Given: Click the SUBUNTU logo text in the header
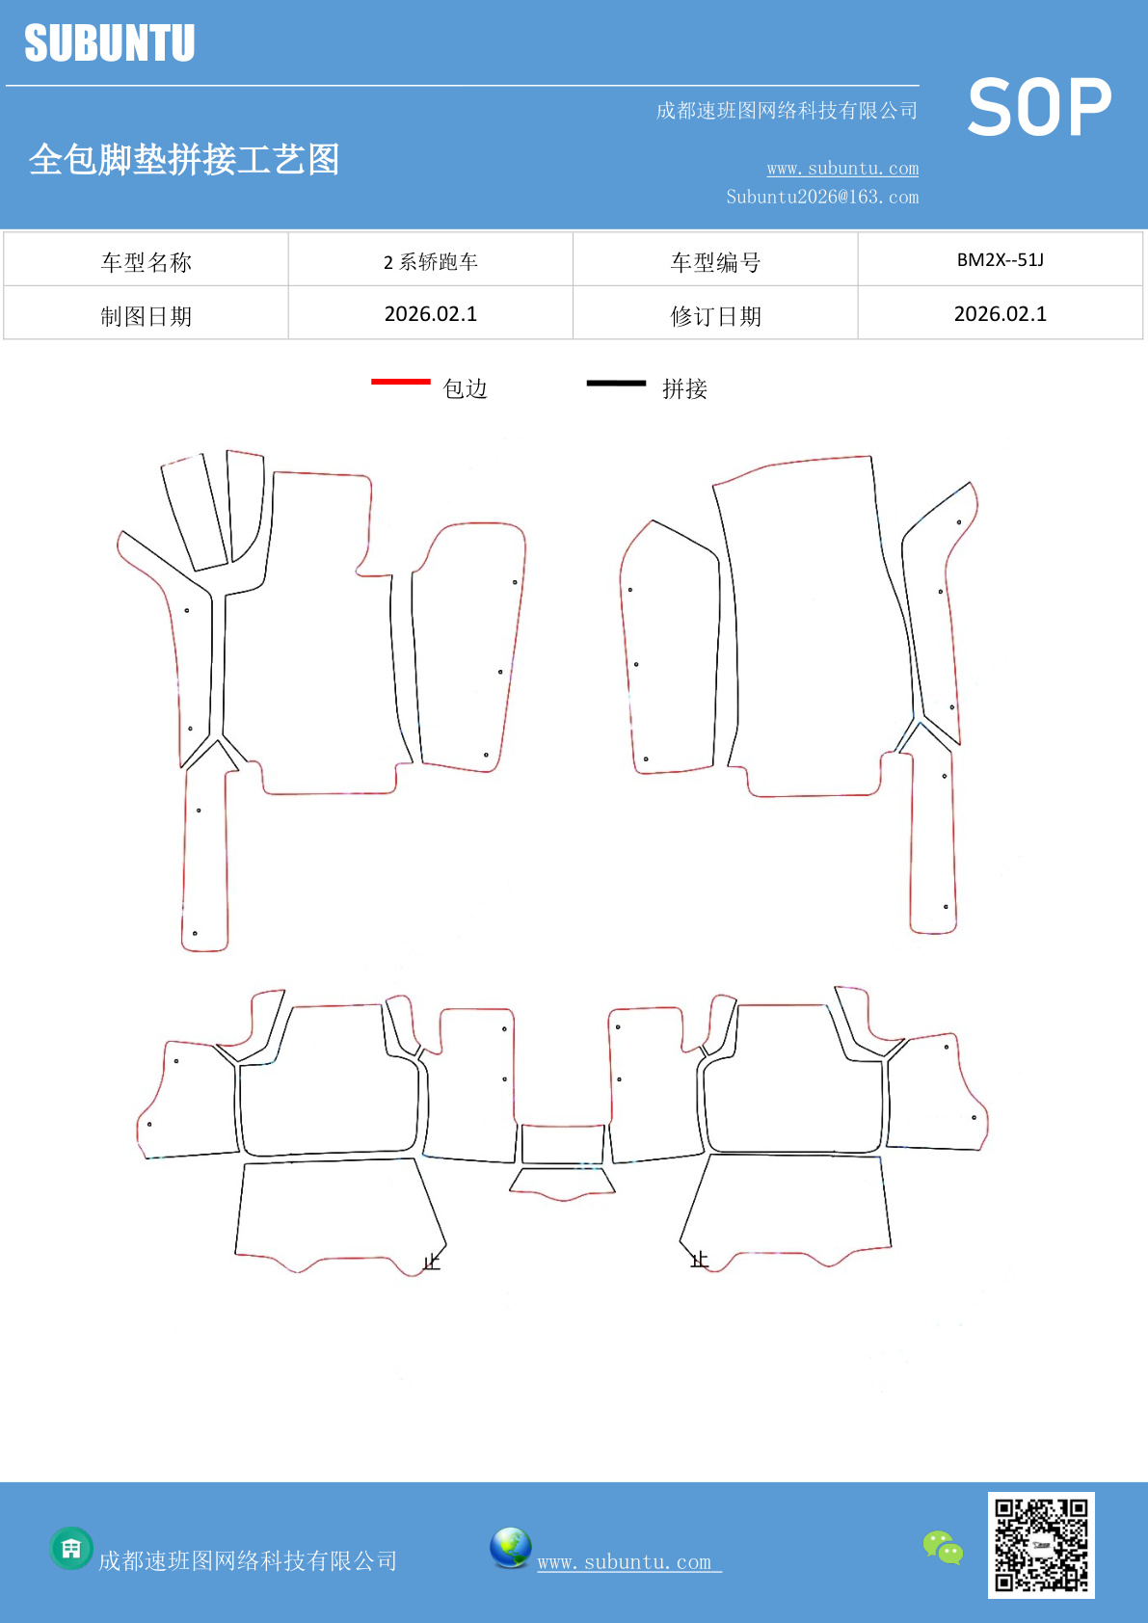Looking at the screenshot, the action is click(x=110, y=43).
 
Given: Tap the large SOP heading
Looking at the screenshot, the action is click(x=1039, y=107).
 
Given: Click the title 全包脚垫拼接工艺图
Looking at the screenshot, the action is click(x=184, y=159).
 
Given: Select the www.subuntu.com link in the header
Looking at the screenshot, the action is click(x=842, y=169).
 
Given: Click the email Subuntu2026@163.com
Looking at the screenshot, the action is click(x=822, y=197).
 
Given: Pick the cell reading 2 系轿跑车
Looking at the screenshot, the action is click(x=431, y=261).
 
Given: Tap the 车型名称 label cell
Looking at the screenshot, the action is click(x=147, y=262).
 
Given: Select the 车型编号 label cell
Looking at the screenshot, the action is click(x=715, y=262).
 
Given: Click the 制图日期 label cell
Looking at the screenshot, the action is click(x=147, y=316).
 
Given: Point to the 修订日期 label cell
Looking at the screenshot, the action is click(x=715, y=316).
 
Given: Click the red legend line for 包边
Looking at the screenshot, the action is click(x=401, y=381).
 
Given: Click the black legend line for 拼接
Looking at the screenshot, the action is click(x=616, y=383).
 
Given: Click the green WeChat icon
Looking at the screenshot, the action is click(x=943, y=1548).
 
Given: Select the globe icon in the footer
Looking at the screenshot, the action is click(x=510, y=1548).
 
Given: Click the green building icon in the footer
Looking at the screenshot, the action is click(x=71, y=1549).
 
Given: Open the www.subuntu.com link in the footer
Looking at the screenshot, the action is click(x=629, y=1562).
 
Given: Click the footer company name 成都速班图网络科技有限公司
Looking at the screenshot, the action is click(x=248, y=1560).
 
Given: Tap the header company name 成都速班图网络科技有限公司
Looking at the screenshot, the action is click(x=788, y=110).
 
